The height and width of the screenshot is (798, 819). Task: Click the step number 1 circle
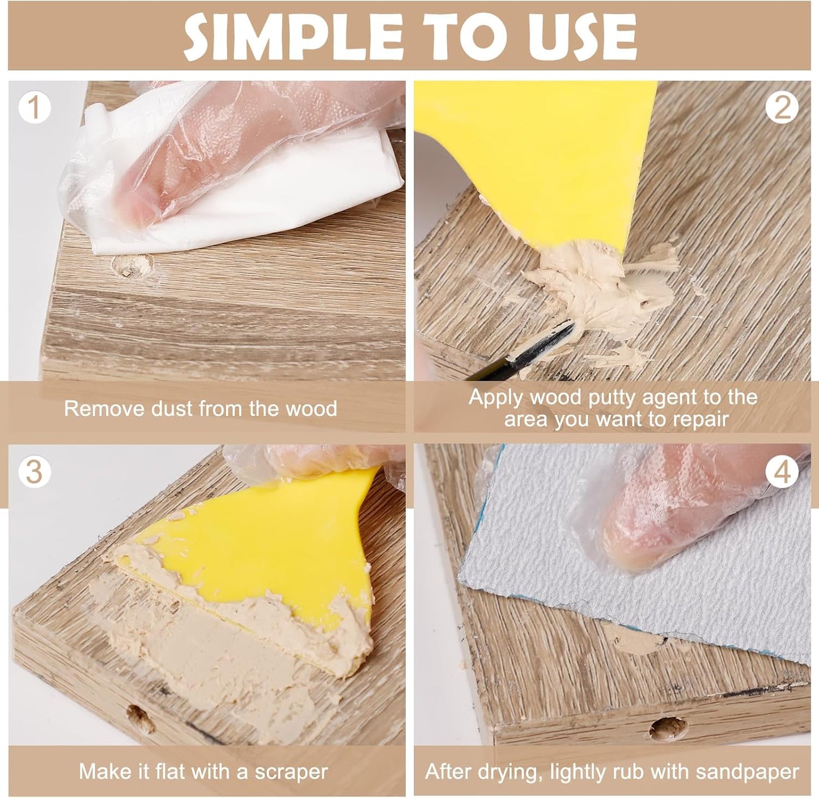click(35, 108)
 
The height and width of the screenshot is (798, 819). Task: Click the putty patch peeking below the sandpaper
click(635, 638)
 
